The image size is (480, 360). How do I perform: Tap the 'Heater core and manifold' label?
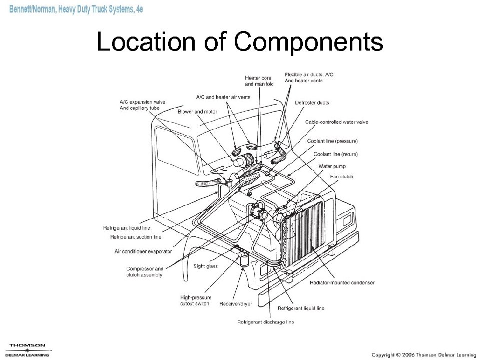pyautogui.click(x=259, y=81)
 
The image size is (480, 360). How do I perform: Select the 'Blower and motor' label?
pyautogui.click(x=197, y=112)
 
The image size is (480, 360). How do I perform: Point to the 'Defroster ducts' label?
pyautogui.click(x=312, y=103)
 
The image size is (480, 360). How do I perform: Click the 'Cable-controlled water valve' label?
pyautogui.click(x=336, y=122)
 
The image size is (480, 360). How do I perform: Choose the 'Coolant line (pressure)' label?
pyautogui.click(x=332, y=141)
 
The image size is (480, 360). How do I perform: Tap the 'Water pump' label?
pyautogui.click(x=332, y=166)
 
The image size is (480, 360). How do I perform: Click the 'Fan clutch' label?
pyautogui.click(x=341, y=176)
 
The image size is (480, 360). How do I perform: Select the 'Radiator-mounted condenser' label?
pyautogui.click(x=342, y=282)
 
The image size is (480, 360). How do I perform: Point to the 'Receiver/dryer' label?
pyautogui.click(x=235, y=303)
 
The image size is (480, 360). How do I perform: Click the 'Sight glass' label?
pyautogui.click(x=205, y=266)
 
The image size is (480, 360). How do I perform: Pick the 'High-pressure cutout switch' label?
pyautogui.click(x=195, y=300)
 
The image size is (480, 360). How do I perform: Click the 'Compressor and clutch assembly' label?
pyautogui.click(x=144, y=271)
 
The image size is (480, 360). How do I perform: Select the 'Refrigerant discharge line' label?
pyautogui.click(x=265, y=321)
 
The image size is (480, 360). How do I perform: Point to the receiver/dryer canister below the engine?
pyautogui.click(x=244, y=260)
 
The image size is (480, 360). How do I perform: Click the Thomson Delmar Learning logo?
pyautogui.click(x=28, y=349)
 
